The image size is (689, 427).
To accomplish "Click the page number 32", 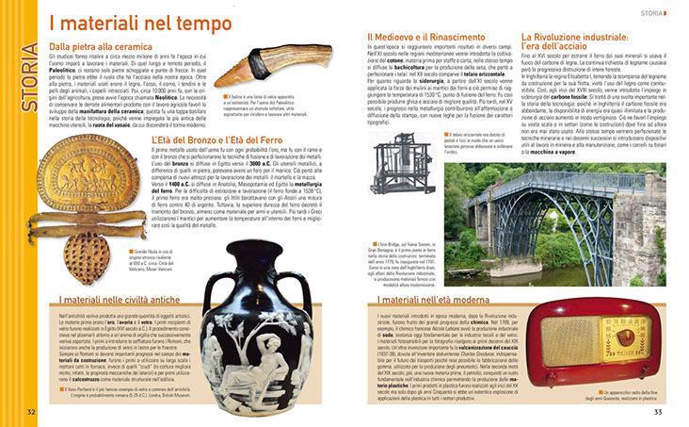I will point(31,411).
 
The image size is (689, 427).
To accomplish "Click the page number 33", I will point(659,411).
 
